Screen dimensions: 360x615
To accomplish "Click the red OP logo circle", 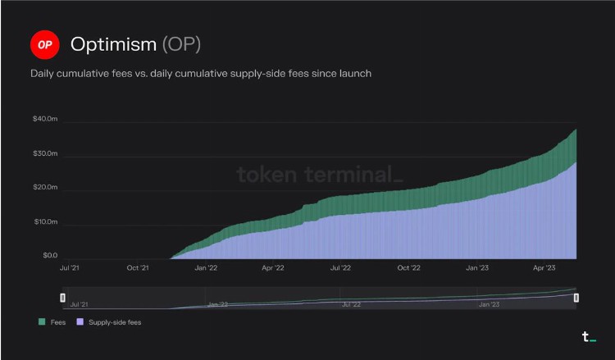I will [44, 44].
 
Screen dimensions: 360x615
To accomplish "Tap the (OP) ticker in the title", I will [181, 44].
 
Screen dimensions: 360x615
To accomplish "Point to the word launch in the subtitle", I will [353, 74].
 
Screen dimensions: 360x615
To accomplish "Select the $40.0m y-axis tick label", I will [44, 119].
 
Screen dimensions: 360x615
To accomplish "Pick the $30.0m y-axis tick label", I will [44, 153].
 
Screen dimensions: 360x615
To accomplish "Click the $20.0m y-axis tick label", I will [44, 188].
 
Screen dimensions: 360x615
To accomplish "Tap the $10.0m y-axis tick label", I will [44, 222].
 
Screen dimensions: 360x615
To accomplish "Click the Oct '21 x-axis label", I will [138, 267].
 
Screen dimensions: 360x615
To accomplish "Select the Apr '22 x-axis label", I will [273, 267].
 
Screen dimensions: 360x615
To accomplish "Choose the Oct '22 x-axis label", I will [408, 267].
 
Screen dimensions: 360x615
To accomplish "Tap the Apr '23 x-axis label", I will [544, 267].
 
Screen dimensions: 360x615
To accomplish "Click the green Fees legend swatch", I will [42, 322].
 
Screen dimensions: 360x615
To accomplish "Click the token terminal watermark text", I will [320, 175].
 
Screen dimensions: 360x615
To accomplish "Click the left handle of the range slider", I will [63, 298].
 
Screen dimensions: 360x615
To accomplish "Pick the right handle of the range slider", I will [576, 298].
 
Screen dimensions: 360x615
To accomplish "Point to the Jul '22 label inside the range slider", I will [351, 304].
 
